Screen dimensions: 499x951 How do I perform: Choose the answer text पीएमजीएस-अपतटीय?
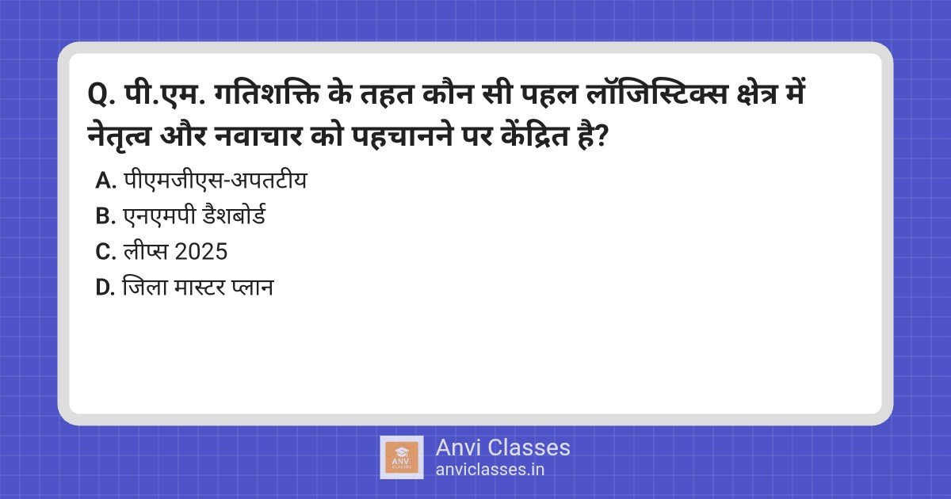coord(215,181)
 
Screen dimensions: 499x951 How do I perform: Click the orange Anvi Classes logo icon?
coord(402,458)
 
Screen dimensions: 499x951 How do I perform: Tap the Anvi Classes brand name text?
coord(502,448)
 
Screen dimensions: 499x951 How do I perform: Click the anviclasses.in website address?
coord(490,469)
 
